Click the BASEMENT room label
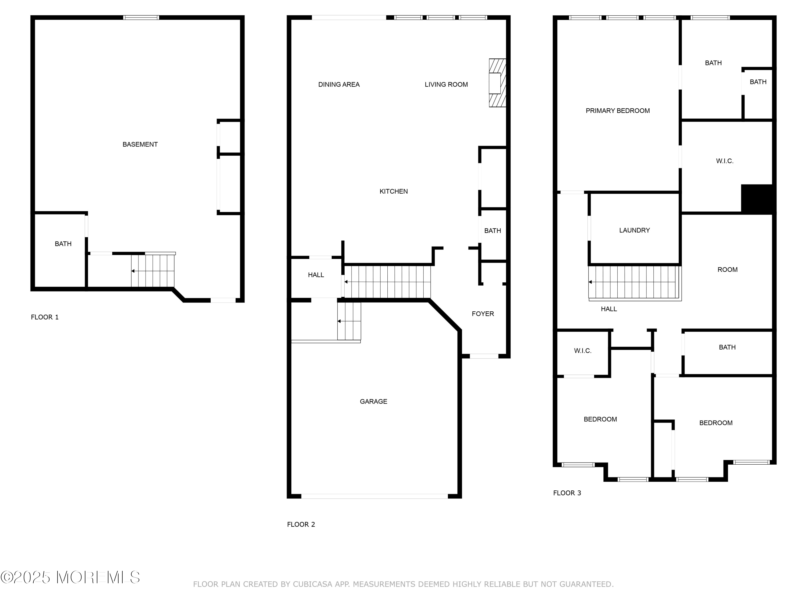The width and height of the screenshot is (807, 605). (140, 144)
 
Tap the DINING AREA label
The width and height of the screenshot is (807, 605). (339, 85)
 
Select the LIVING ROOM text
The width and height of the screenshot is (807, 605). (446, 85)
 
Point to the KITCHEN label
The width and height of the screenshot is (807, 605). (394, 191)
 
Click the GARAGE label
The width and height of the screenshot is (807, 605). (374, 401)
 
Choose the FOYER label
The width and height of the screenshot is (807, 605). (483, 314)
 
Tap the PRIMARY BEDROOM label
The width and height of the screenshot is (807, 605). (618, 111)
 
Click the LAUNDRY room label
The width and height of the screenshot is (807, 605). (634, 230)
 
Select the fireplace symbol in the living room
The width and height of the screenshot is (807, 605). (497, 83)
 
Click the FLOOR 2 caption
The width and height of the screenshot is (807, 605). (301, 524)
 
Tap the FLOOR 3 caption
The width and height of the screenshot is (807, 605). (567, 493)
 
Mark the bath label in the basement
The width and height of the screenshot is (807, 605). (63, 244)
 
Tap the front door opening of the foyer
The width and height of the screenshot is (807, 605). (484, 356)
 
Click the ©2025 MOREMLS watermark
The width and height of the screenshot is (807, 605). (70, 577)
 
